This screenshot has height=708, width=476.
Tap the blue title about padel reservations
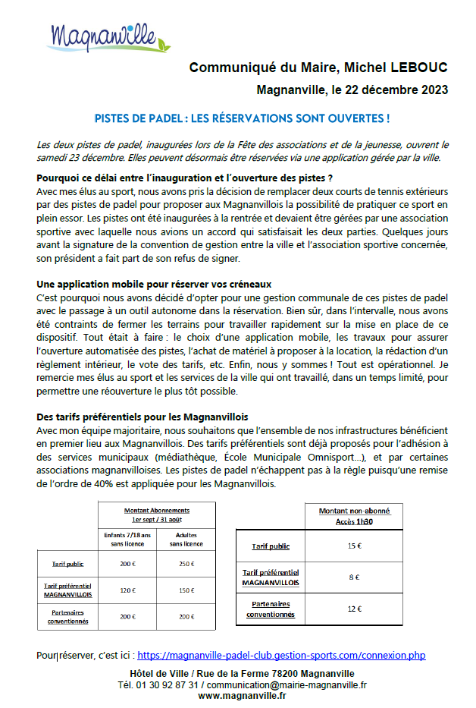(x=242, y=119)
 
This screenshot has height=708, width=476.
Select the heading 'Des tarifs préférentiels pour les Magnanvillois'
(x=142, y=417)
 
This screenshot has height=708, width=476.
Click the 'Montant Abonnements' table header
(x=157, y=514)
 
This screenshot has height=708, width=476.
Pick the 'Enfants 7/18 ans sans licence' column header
(x=127, y=539)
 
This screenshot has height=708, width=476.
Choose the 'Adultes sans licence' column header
(x=186, y=539)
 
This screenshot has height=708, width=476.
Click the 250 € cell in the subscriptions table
(x=186, y=564)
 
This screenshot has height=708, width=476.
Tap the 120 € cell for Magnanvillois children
(x=127, y=590)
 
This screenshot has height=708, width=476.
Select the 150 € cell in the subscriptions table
(x=186, y=590)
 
